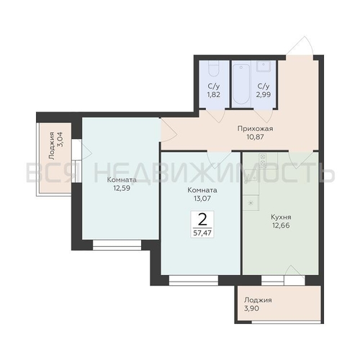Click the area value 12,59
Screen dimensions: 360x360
(122, 188)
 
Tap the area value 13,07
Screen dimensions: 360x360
(202, 199)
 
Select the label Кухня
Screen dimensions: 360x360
(281, 217)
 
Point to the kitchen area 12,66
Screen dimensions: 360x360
(281, 225)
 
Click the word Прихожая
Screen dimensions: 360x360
(255, 129)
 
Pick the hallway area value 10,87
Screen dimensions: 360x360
(255, 137)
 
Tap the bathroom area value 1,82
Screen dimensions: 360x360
(214, 94)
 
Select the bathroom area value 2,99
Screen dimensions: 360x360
(264, 94)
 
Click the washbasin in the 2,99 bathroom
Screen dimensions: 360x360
(264, 66)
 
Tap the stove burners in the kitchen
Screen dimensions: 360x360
(263, 160)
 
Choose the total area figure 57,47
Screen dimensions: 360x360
(202, 233)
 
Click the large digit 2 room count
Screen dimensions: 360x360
(202, 220)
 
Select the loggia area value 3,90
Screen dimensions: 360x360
(252, 308)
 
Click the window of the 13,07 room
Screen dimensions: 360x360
(194, 280)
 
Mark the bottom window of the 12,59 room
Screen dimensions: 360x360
(117, 245)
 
